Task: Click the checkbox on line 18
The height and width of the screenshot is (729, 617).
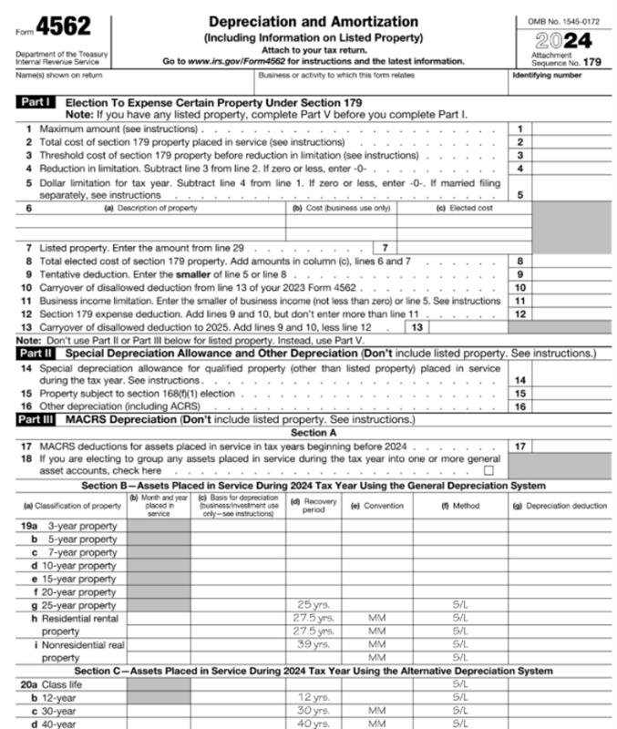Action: coord(489,471)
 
